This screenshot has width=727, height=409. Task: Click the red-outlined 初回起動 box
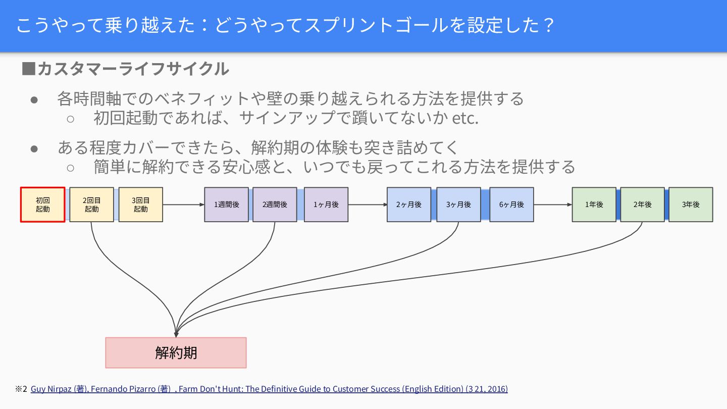click(x=43, y=205)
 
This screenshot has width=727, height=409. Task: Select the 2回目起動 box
click(x=91, y=205)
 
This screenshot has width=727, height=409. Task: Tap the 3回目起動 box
click(x=140, y=205)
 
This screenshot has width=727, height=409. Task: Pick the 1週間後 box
click(x=226, y=205)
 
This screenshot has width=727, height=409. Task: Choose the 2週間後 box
click(x=275, y=205)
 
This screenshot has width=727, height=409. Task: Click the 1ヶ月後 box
click(x=326, y=205)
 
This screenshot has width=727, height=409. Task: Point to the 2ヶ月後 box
click(x=409, y=205)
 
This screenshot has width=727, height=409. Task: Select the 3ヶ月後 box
click(x=458, y=205)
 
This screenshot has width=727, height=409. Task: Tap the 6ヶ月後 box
click(x=511, y=205)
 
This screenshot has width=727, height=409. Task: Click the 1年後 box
click(x=594, y=205)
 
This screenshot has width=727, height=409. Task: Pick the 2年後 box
click(x=642, y=205)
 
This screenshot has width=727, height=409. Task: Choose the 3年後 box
click(x=691, y=205)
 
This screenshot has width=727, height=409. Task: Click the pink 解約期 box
click(x=176, y=352)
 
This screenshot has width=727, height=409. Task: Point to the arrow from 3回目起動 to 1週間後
click(x=183, y=205)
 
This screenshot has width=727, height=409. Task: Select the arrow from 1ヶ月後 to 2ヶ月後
click(x=368, y=205)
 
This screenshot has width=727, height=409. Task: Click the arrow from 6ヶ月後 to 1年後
click(x=553, y=205)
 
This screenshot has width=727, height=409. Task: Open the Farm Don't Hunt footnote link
click(x=269, y=389)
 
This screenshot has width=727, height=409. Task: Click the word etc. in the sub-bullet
click(x=465, y=119)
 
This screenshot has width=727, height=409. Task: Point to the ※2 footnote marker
click(x=21, y=389)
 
